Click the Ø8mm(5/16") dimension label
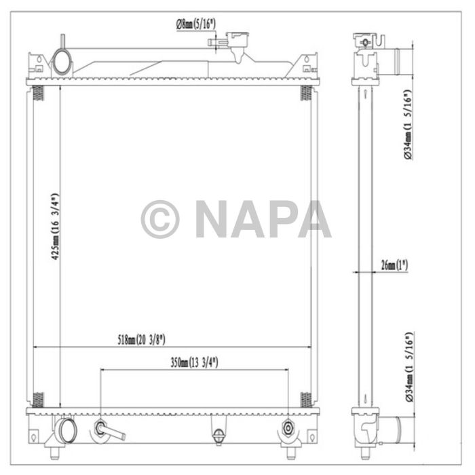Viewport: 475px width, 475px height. coord(195,25)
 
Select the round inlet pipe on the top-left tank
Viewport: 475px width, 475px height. coord(62,62)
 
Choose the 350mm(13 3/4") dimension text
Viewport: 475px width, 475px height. coord(193,362)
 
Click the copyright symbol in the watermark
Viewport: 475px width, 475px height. coord(159,219)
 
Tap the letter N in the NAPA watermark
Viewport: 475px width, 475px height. coord(214,219)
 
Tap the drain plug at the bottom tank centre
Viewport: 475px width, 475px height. coord(218,434)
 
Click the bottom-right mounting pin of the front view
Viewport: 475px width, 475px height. coord(295,451)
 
